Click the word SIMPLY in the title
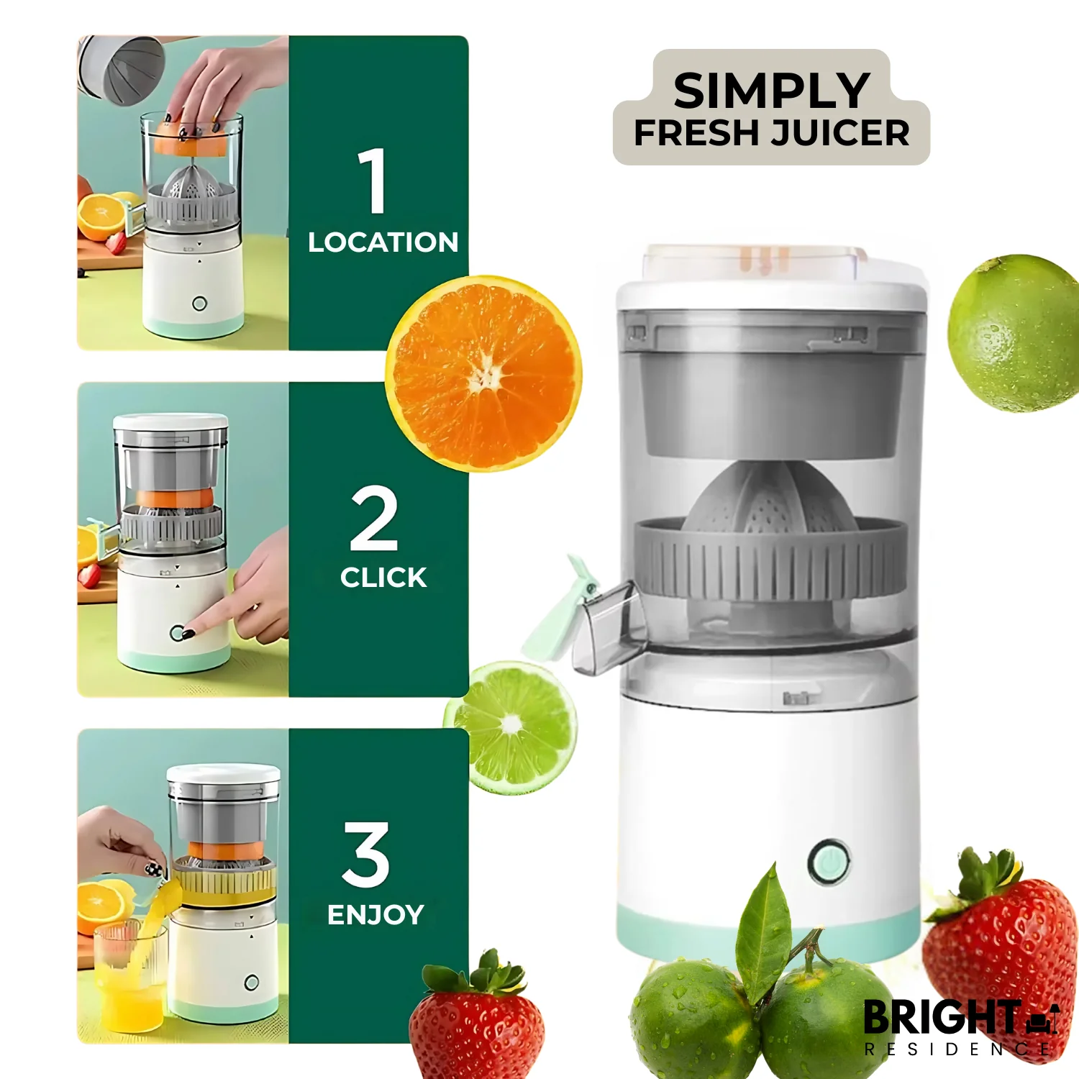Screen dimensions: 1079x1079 (771, 91)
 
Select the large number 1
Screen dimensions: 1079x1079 (373, 181)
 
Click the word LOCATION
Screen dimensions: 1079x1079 (383, 242)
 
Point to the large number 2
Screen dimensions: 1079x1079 (374, 518)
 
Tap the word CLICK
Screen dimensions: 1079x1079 (383, 578)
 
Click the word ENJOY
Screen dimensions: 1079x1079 (375, 915)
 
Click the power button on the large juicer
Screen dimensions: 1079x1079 (829, 861)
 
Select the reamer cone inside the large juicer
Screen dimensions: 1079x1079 (770, 496)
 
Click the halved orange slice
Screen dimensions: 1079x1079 (484, 374)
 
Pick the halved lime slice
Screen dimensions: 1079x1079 (512, 727)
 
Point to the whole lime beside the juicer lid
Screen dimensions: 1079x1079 (1014, 333)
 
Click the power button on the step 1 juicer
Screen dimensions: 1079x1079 (200, 304)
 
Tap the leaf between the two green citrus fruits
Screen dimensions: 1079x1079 (764, 928)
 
